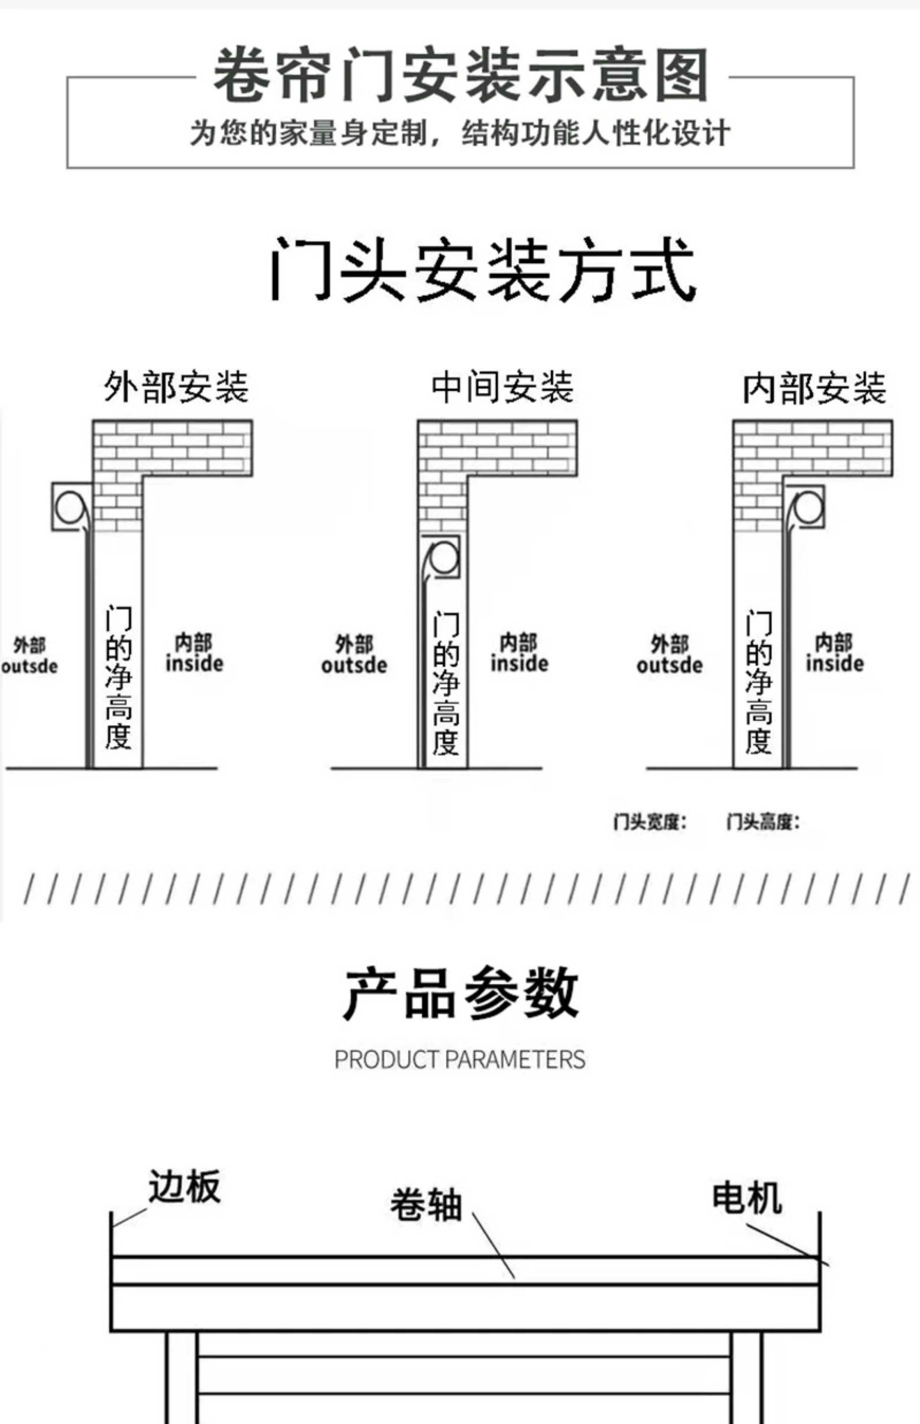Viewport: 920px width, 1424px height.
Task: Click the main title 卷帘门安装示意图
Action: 460,76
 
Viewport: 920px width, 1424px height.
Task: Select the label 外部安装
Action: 176,386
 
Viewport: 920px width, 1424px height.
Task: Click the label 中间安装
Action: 502,386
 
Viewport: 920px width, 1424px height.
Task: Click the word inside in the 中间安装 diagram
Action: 519,663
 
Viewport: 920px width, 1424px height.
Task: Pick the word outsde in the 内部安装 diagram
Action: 669,665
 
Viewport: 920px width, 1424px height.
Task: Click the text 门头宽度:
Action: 650,822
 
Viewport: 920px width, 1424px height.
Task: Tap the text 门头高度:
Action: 762,822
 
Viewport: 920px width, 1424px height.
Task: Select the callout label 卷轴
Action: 426,1204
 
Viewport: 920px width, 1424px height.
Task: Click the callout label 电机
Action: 747,1198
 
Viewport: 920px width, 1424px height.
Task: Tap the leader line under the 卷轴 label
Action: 493,1245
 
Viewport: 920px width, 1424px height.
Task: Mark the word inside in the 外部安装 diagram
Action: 194,663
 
